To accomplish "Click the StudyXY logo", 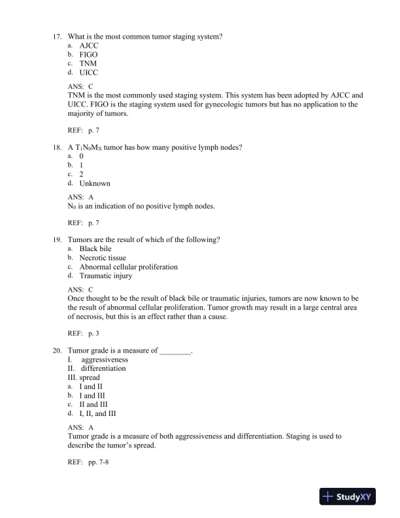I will coord(350,497).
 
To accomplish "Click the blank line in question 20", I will coord(175,351).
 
